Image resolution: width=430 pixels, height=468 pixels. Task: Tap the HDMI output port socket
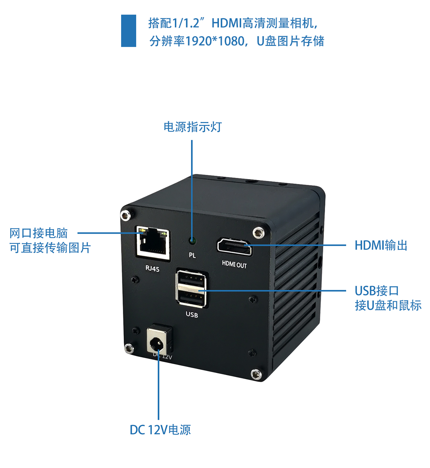coord(234,247)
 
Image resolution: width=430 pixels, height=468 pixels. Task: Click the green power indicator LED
coord(192,241)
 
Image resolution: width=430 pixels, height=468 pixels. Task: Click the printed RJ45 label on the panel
coord(152,269)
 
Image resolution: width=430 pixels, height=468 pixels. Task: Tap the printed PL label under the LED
coord(192,255)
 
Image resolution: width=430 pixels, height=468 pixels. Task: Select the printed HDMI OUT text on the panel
coord(234,265)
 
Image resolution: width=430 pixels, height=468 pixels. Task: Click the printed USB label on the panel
coord(192,315)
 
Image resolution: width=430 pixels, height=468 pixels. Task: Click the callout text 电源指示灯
coord(193,127)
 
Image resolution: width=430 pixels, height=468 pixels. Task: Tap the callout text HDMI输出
coord(381,246)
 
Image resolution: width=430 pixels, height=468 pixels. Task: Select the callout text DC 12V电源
coord(160,430)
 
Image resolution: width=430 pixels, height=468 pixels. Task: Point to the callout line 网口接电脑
coord(39,233)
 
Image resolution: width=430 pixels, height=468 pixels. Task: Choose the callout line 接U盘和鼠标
coord(388,306)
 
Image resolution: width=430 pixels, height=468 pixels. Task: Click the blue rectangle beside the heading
coord(128,31)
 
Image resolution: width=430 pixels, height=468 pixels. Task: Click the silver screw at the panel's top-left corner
coord(125,215)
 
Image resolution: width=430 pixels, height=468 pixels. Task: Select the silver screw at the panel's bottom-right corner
coord(256,374)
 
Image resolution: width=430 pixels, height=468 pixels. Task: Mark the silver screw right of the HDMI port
coord(258,232)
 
